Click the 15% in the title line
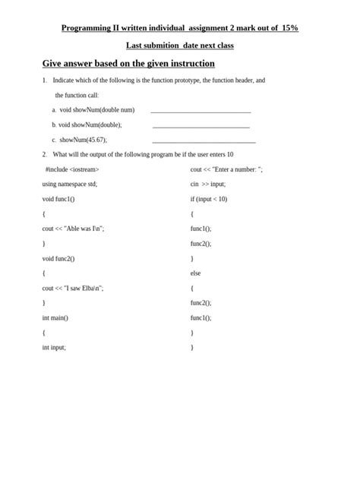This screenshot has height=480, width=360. [x=289, y=28]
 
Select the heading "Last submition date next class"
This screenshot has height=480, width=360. [x=179, y=46]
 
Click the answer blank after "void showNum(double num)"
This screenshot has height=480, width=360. [x=201, y=111]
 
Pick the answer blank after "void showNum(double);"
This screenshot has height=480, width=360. [x=201, y=125]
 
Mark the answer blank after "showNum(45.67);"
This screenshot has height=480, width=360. [x=204, y=141]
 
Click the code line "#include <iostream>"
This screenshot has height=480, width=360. [x=72, y=169]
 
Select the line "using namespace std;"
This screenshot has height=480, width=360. [x=70, y=184]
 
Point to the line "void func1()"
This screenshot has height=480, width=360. [x=58, y=199]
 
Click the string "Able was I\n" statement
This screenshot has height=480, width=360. [x=73, y=229]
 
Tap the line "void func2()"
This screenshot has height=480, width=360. [x=58, y=258]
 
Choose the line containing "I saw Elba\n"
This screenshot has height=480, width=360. [x=73, y=288]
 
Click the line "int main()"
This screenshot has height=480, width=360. [x=55, y=317]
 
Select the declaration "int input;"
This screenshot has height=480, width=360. [x=54, y=347]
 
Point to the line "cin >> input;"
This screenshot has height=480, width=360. [x=208, y=184]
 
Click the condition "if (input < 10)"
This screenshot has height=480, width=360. [x=209, y=199]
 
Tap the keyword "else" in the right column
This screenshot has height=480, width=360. [x=195, y=273]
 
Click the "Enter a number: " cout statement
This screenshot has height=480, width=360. [x=226, y=169]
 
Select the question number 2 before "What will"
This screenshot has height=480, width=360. [x=45, y=154]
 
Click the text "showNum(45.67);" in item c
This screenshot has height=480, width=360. [x=84, y=140]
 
